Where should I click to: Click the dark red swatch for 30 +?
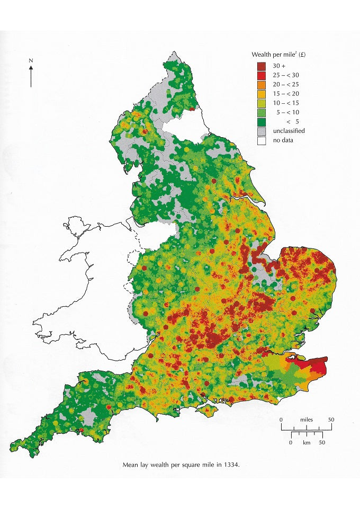[261, 66]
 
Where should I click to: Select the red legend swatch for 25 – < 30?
[261, 75]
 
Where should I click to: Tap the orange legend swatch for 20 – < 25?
[261, 84]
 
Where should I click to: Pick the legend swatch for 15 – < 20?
[261, 94]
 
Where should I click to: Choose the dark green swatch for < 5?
[261, 121]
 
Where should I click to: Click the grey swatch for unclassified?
[261, 131]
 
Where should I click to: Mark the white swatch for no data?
[261, 140]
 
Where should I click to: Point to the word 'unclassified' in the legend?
[289, 131]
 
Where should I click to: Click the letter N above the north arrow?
[31, 61]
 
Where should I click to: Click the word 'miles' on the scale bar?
[305, 419]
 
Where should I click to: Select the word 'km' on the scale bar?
[305, 442]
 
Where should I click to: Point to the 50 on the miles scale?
[330, 419]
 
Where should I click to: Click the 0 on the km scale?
[291, 442]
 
